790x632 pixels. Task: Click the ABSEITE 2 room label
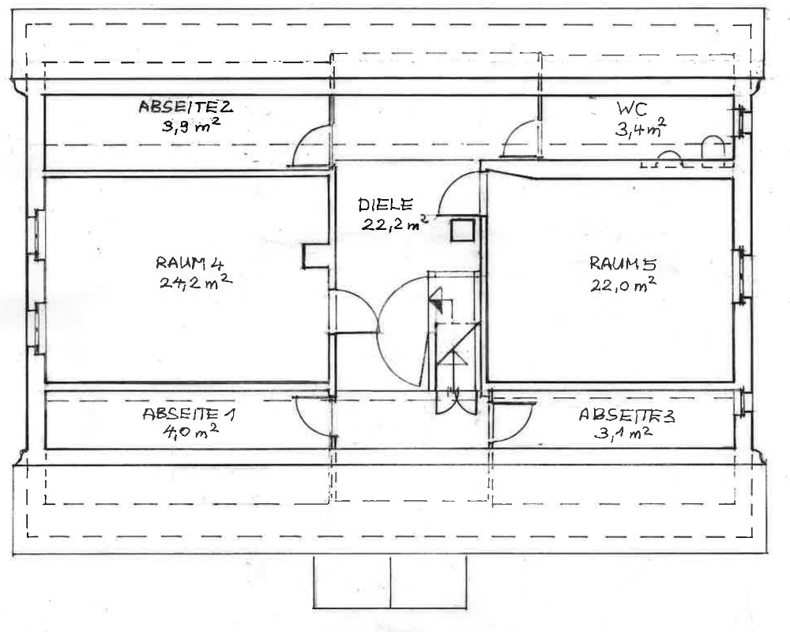click(184, 107)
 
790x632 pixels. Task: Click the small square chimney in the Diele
click(462, 230)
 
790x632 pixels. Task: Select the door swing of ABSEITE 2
click(310, 148)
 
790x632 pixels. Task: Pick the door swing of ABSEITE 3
click(510, 423)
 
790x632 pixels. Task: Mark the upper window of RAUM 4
click(36, 235)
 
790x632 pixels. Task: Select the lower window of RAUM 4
click(36, 328)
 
